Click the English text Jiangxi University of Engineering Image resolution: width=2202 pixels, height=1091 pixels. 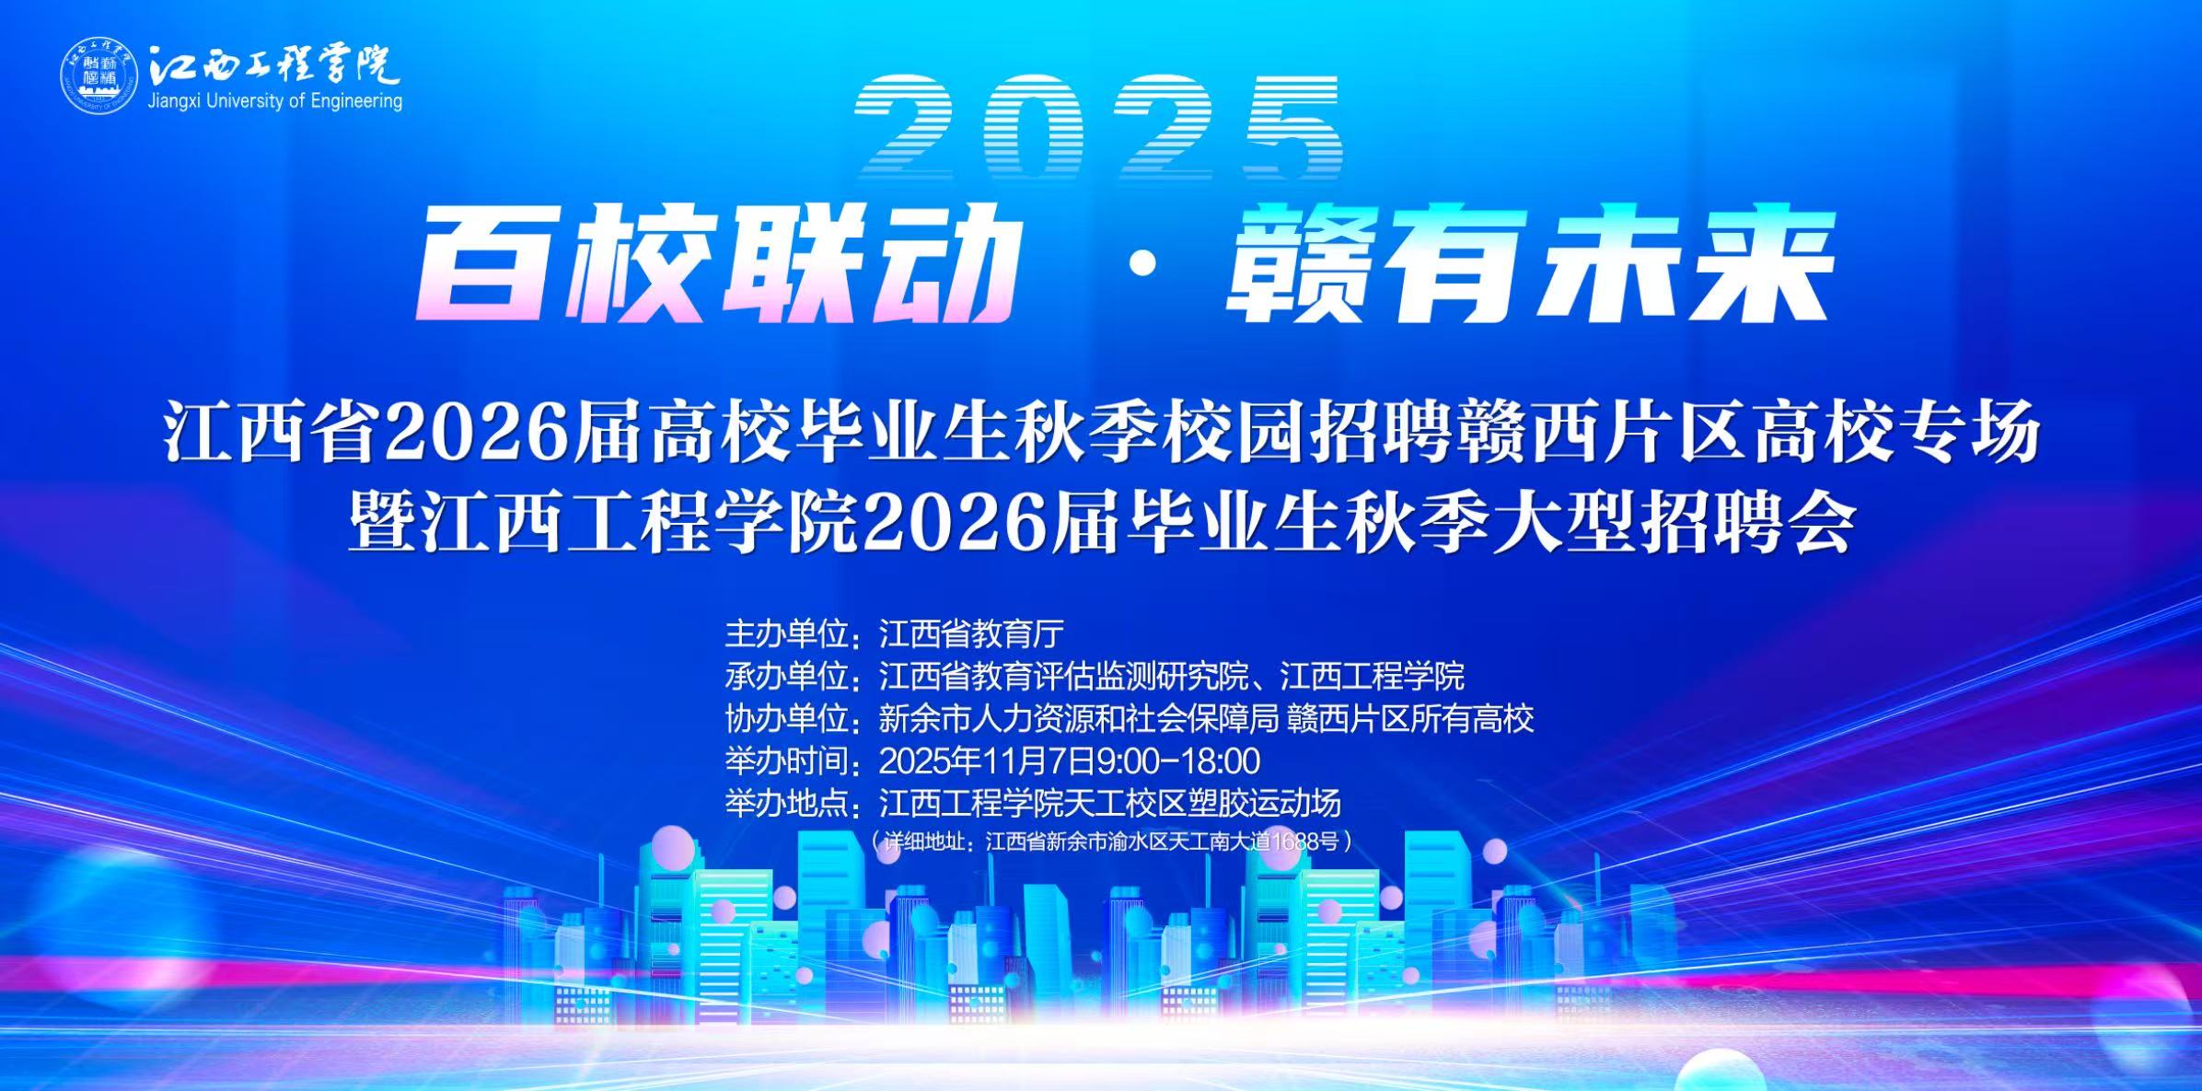275,101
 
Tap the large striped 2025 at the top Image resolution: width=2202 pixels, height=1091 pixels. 1097,128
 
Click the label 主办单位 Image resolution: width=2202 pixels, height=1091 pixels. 785,633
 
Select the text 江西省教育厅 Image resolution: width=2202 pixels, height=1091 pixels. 971,633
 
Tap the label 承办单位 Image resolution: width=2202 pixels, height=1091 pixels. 785,676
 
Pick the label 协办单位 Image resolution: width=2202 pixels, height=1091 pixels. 785,718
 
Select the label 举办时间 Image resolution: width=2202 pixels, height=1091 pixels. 785,761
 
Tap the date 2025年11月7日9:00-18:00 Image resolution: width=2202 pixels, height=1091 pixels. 1070,761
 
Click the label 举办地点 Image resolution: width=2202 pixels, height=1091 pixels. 785,804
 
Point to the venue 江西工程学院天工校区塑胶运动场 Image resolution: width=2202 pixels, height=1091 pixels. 1110,804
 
